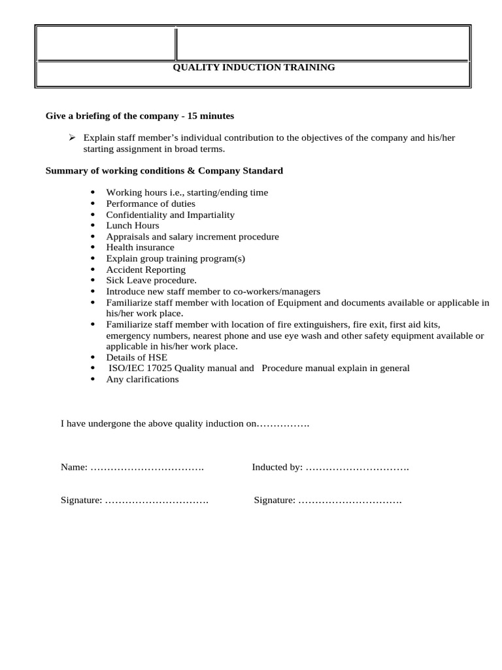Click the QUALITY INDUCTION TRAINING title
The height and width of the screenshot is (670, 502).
pos(254,67)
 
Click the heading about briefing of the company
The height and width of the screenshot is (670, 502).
pos(139,116)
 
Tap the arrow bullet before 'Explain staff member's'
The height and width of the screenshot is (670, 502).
pos(73,138)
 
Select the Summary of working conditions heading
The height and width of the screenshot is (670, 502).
pos(164,171)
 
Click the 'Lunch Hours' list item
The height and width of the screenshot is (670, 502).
pos(133,226)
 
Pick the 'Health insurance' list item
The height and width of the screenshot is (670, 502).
pos(140,247)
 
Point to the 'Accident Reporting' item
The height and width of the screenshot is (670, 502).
pos(146,270)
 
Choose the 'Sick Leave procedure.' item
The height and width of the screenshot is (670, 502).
pos(151,281)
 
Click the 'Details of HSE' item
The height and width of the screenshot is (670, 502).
pos(137,357)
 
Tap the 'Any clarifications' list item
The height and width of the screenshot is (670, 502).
pos(142,379)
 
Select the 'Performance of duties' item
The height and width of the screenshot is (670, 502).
pos(150,203)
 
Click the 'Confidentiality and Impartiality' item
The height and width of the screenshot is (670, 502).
pos(170,215)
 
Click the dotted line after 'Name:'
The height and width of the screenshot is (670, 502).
pos(147,468)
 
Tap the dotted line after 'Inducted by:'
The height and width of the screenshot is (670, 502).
pos(358,468)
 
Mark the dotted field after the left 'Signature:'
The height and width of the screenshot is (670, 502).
pos(157,501)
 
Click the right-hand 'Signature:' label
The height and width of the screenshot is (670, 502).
pos(275,501)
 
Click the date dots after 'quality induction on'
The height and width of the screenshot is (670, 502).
pos(284,424)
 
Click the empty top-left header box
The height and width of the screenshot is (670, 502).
pos(105,43)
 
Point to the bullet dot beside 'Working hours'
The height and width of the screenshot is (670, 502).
pos(93,193)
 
